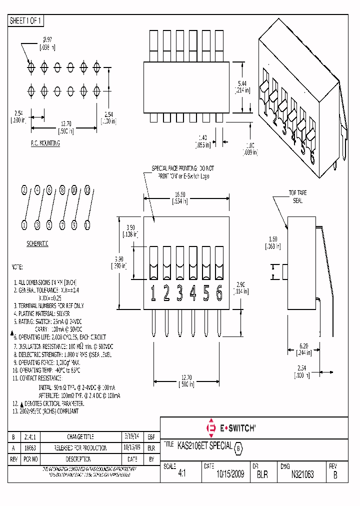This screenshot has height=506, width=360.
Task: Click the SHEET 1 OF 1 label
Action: pos(26,20)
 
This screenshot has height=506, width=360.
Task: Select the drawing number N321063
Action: pos(302,474)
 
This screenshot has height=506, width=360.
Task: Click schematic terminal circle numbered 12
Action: pos(87,190)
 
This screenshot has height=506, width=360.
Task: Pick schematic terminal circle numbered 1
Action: pos(24,225)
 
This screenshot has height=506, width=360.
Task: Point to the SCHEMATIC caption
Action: pos(37,243)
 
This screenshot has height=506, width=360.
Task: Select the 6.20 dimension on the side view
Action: pos(303,346)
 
